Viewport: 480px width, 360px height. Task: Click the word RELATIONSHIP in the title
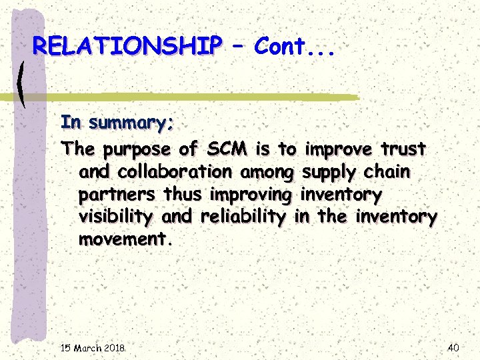(127, 46)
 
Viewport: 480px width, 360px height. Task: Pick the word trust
(403, 148)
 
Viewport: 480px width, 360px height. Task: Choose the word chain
(387, 171)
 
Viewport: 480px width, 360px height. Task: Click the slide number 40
(453, 347)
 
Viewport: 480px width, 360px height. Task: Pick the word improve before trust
(340, 148)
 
